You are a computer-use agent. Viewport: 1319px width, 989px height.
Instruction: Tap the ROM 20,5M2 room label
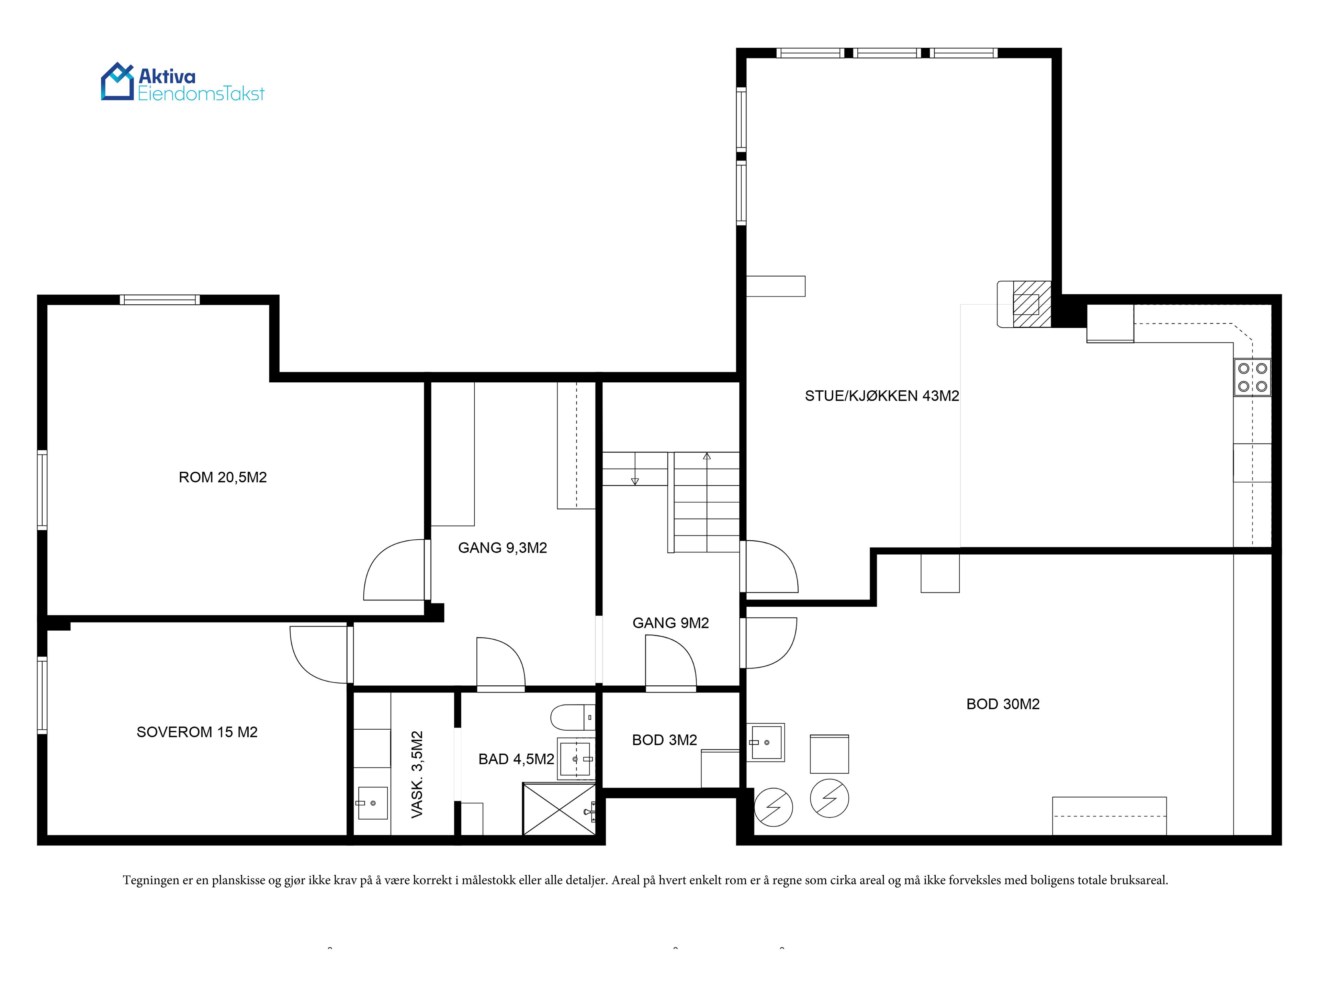(x=223, y=477)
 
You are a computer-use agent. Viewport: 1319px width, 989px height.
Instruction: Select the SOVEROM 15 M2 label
(x=197, y=732)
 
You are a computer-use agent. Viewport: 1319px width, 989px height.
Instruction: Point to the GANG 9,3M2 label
(x=502, y=548)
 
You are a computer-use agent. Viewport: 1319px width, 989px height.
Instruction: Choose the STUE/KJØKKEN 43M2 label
(x=882, y=395)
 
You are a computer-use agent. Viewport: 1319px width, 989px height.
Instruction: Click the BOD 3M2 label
(x=664, y=740)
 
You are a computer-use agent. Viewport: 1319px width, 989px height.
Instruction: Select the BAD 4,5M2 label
(x=516, y=759)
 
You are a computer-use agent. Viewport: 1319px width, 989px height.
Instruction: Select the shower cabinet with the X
(x=559, y=809)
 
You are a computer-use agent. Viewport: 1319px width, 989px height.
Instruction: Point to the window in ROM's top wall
(x=160, y=300)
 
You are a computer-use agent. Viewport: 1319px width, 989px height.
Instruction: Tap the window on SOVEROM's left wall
(x=42, y=695)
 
